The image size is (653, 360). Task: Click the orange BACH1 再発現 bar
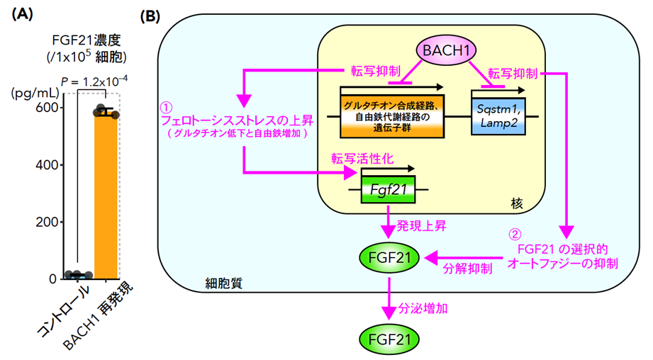[106, 196]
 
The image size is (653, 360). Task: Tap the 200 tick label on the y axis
[47, 222]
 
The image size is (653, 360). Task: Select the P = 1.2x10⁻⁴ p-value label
[94, 81]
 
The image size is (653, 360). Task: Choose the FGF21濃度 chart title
[86, 40]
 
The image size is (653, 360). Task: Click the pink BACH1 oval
[446, 50]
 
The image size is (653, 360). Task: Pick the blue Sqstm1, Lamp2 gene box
[498, 116]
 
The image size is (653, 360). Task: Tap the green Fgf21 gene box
[388, 189]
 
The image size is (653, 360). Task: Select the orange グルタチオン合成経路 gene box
[392, 116]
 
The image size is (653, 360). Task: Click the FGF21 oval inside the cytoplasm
[389, 258]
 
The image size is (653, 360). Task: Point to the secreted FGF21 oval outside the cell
[389, 339]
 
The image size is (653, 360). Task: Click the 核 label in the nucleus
[516, 203]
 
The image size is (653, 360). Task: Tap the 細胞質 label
[223, 283]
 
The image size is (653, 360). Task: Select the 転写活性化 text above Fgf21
[362, 159]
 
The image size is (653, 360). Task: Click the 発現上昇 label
[421, 226]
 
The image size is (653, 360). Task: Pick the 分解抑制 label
[468, 269]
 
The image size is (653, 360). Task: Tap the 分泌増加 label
[423, 308]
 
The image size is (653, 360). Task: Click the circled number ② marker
[515, 235]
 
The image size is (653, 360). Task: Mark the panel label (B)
[150, 16]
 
